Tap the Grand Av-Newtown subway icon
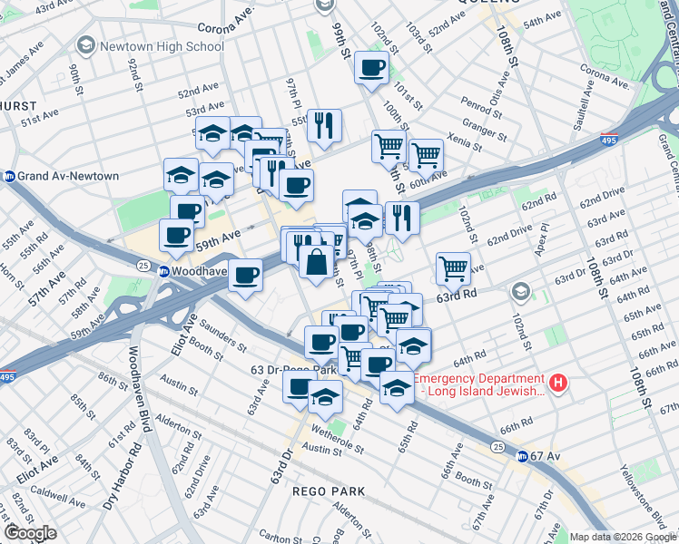click(x=10, y=176)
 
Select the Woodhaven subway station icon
click(x=163, y=271)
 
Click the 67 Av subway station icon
click(x=522, y=456)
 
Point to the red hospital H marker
click(x=559, y=384)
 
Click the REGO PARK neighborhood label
click(x=329, y=491)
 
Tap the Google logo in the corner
click(x=30, y=533)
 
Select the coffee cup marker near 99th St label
click(x=371, y=67)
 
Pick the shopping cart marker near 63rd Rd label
click(x=453, y=267)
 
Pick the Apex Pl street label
click(x=539, y=238)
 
